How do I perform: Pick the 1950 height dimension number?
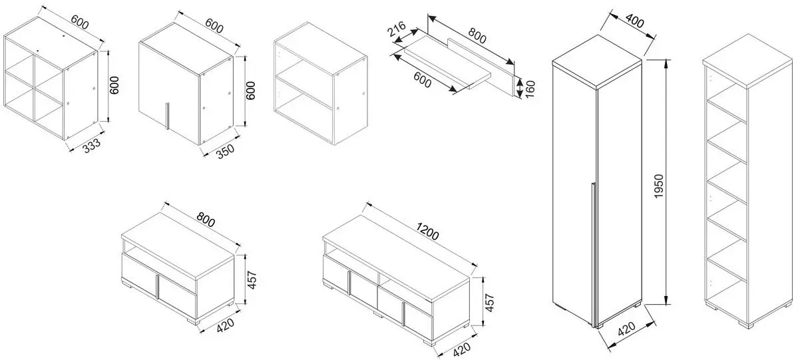(658, 187)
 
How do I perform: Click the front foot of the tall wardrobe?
(600, 324)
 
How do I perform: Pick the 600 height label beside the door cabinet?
(250, 90)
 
